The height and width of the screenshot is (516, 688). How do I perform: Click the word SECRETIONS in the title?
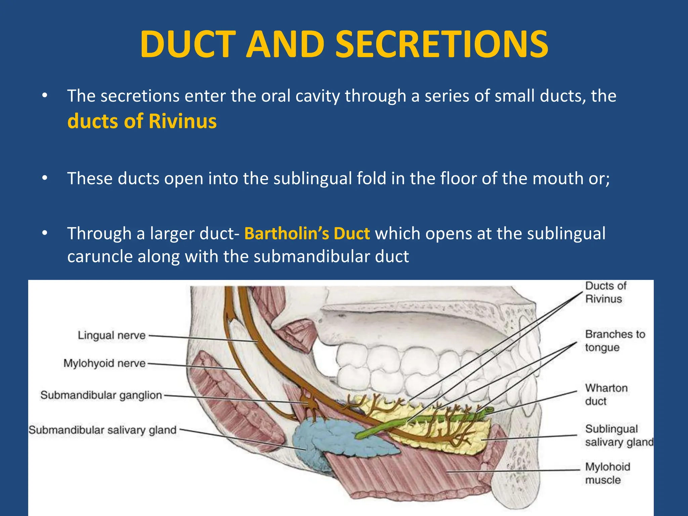tap(442, 44)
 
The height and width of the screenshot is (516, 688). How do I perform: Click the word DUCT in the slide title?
tap(187, 44)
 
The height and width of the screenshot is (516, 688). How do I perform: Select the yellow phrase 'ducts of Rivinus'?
tap(142, 121)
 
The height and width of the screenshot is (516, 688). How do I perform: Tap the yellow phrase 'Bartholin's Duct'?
tap(307, 233)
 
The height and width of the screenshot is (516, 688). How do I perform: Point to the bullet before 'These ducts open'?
tap(45, 178)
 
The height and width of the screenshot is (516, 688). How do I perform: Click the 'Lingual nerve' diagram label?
tap(112, 335)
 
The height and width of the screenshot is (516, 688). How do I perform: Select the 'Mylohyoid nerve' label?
tap(104, 363)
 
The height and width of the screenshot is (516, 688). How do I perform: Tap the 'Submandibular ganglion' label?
tap(101, 395)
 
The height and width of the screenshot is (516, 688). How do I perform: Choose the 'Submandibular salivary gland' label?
tap(102, 430)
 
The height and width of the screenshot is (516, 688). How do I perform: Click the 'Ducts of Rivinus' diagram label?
tap(605, 292)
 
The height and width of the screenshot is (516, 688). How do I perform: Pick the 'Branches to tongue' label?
tap(615, 341)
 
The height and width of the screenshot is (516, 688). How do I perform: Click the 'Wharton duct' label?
tap(606, 394)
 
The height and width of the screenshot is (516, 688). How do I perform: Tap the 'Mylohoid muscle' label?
tap(607, 473)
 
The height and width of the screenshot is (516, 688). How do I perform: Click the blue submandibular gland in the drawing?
tap(322, 437)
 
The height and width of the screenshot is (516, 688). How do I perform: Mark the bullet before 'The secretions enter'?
tap(45, 96)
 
